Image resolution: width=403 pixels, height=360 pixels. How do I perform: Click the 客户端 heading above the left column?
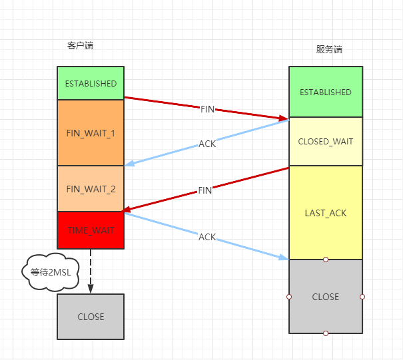(80, 46)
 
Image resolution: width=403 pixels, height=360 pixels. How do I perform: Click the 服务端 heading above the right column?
(329, 50)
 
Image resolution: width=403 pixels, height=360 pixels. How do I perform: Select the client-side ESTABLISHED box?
(91, 84)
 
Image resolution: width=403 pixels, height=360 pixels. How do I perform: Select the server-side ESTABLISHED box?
(325, 92)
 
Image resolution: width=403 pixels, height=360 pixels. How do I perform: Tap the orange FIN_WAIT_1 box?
(91, 133)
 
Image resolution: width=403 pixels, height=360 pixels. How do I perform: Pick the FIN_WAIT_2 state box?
(91, 189)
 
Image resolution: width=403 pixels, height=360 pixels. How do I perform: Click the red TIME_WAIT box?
(91, 230)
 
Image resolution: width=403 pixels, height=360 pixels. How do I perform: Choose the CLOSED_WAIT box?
(325, 142)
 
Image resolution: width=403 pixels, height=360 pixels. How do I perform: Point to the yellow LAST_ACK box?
(325, 213)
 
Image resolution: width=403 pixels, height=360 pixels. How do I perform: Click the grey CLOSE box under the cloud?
(91, 317)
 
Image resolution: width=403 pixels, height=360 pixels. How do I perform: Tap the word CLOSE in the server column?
(325, 297)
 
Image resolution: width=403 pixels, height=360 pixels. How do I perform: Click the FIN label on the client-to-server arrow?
(208, 109)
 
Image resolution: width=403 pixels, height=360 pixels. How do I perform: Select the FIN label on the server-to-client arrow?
(205, 190)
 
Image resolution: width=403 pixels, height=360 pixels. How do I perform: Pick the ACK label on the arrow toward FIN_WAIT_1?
(207, 144)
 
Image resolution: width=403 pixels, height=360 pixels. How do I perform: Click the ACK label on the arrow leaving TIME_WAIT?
(207, 237)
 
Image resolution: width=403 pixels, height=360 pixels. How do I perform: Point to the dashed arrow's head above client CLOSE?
(91, 289)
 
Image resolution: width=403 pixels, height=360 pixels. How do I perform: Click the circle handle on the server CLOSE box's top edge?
(326, 259)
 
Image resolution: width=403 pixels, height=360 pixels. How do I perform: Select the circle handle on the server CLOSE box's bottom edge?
(326, 333)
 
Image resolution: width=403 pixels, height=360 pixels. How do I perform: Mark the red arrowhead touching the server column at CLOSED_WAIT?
(283, 118)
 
